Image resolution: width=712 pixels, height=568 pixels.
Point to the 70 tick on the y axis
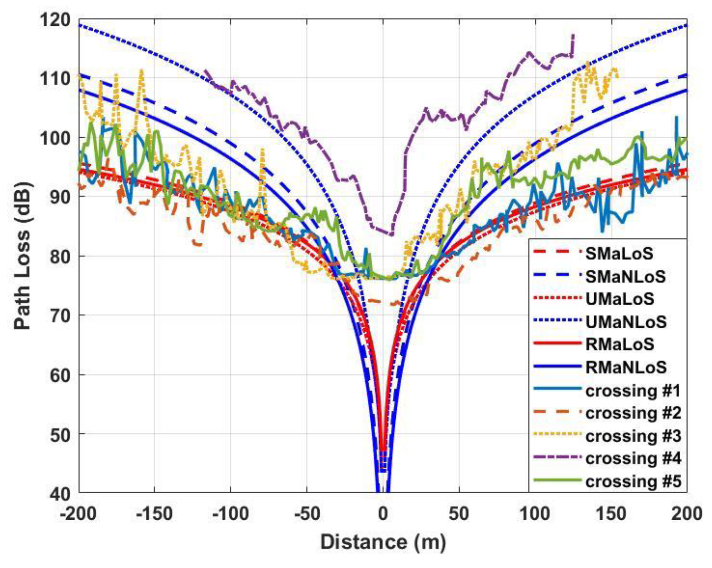tap(60, 315)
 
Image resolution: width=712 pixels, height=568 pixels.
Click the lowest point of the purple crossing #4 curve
tap(392, 234)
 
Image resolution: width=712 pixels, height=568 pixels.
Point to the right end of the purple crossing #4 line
tap(573, 35)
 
